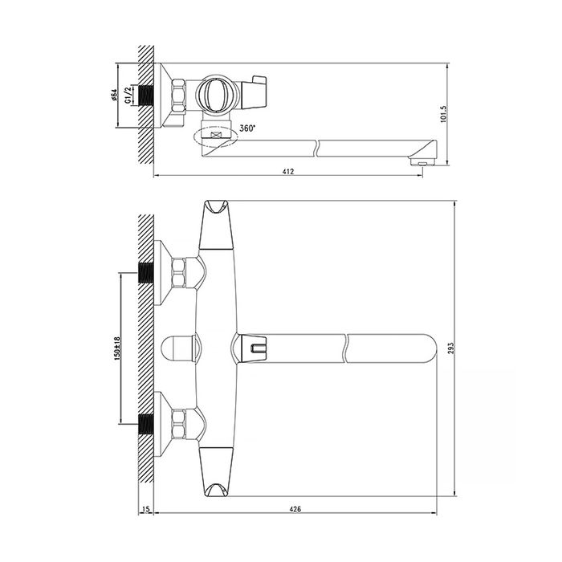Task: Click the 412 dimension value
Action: click(287, 171)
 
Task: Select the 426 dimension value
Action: click(295, 509)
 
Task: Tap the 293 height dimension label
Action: click(451, 348)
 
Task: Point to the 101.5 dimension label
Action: click(443, 114)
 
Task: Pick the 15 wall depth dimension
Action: click(146, 509)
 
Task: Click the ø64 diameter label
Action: click(113, 95)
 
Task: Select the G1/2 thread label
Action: click(127, 96)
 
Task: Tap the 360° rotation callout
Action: click(247, 128)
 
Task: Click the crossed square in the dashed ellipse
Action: click(215, 136)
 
